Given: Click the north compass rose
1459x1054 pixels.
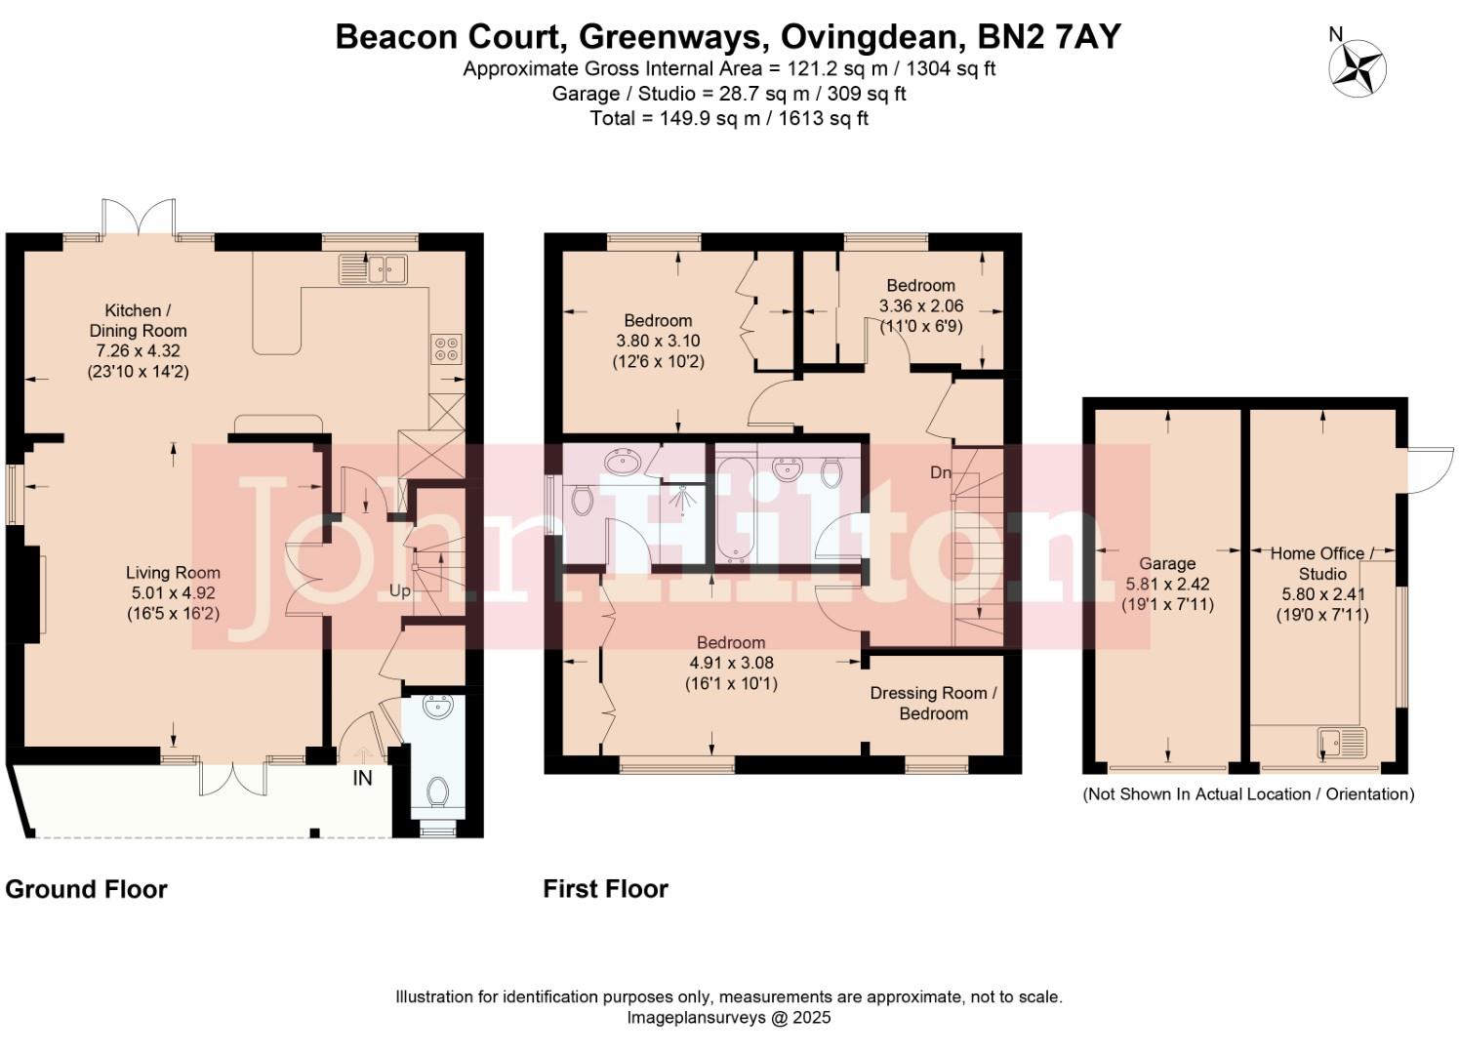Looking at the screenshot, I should click(x=1358, y=69).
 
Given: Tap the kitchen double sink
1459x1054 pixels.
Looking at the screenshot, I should click(x=373, y=268).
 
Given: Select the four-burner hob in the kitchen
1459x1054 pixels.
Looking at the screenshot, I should click(x=448, y=348).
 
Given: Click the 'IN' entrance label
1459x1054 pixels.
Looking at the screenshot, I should click(x=362, y=778).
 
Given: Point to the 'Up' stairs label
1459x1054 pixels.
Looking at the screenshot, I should click(x=400, y=590).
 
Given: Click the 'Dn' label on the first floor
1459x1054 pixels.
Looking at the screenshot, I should click(x=940, y=472).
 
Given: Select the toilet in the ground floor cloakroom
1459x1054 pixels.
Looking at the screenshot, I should click(x=438, y=791).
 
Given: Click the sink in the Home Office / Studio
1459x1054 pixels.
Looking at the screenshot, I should click(x=1342, y=744).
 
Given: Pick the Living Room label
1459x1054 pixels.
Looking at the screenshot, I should click(x=173, y=573).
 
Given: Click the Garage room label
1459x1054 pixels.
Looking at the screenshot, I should click(x=1167, y=563).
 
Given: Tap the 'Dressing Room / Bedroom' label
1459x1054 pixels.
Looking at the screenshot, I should click(x=933, y=703).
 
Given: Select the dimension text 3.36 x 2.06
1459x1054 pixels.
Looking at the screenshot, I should click(x=920, y=305).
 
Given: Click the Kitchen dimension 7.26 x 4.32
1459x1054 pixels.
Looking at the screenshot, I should click(x=138, y=350).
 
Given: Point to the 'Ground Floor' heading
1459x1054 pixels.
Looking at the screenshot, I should click(x=86, y=889).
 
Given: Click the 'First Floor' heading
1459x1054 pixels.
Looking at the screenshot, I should click(x=605, y=889).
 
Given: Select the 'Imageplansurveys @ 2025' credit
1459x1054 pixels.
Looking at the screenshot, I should click(x=728, y=1017).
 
